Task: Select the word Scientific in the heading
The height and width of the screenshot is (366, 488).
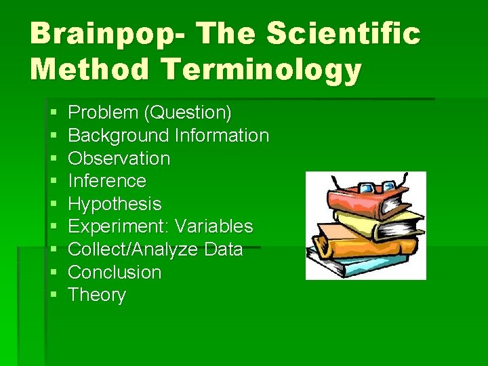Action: (x=344, y=34)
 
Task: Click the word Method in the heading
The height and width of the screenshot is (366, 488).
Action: (x=87, y=69)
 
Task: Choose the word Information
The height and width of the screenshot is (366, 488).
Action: (x=222, y=136)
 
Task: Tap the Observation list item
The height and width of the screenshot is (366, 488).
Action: (x=119, y=159)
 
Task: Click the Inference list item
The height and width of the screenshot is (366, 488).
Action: (x=107, y=181)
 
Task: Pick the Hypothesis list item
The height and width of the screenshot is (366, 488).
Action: (x=115, y=204)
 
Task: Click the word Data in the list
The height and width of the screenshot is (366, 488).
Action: (x=223, y=249)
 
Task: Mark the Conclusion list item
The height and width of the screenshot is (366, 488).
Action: (x=115, y=272)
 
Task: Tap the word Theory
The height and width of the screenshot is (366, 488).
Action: (x=97, y=296)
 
